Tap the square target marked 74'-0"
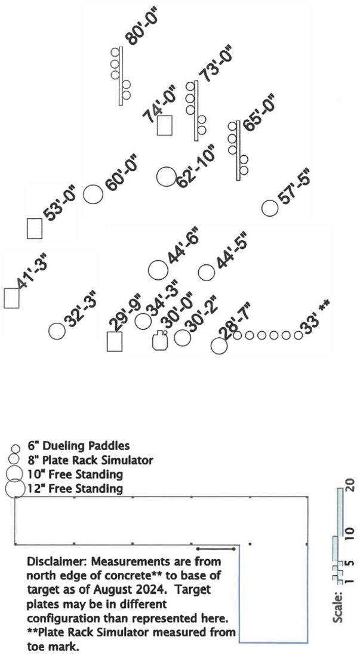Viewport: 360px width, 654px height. [x=165, y=125]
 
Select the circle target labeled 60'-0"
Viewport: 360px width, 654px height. [x=93, y=195]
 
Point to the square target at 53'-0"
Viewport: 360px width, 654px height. [x=35, y=228]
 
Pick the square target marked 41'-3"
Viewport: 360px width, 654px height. [x=11, y=298]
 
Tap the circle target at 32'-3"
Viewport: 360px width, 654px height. [x=57, y=331]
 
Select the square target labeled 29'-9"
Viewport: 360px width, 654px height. [x=114, y=341]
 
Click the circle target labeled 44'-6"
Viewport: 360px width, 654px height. [x=158, y=270]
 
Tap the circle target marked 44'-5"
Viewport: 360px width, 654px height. [x=206, y=272]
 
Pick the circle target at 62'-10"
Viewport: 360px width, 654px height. [x=165, y=177]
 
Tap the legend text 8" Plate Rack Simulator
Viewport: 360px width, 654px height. [x=90, y=460]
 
